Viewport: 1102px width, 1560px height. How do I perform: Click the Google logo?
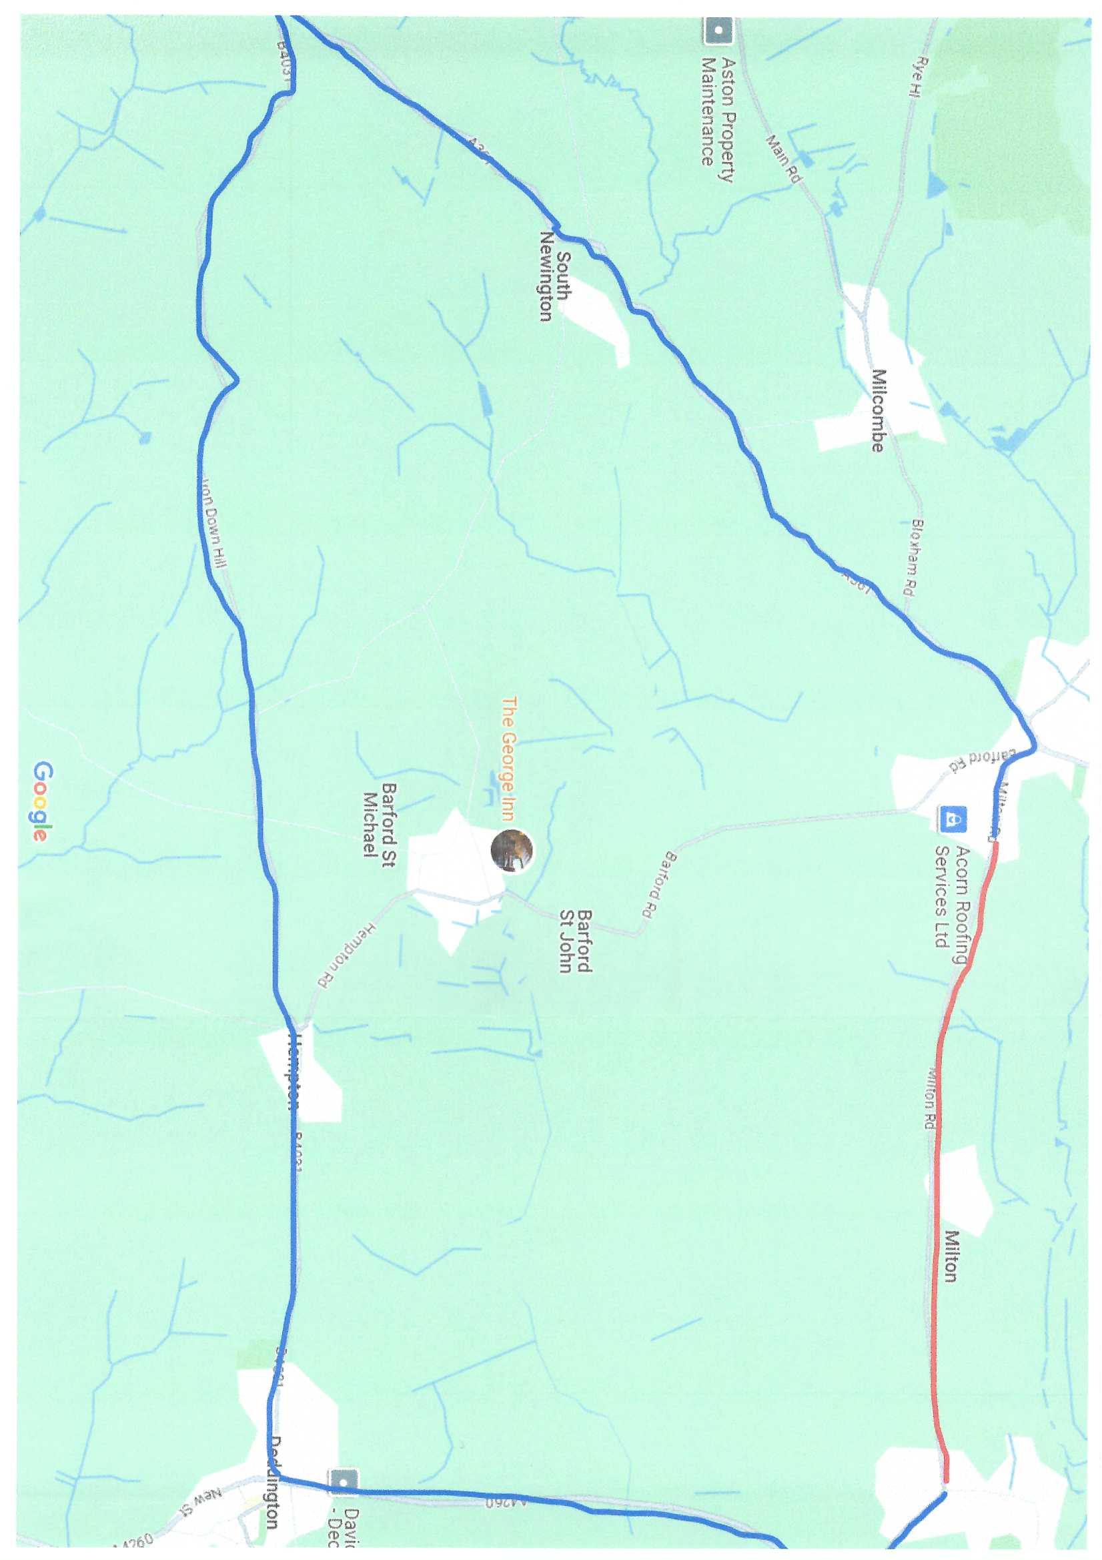tap(41, 801)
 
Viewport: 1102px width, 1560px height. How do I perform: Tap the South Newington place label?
tap(555, 276)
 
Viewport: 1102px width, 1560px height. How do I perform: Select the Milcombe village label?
tap(879, 410)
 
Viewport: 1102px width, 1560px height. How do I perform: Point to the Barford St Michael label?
tap(379, 820)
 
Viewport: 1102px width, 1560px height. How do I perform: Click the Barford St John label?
tap(575, 941)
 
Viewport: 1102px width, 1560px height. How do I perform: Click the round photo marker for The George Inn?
tap(512, 850)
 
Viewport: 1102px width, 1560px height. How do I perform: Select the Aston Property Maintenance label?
tap(718, 112)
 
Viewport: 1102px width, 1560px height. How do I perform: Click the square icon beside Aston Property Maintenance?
tap(718, 31)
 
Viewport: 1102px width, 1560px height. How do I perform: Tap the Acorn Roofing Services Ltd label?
tap(951, 897)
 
